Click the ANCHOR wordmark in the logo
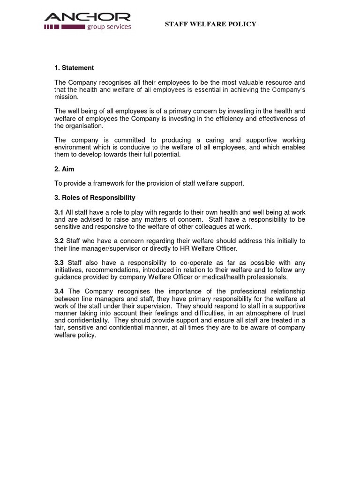click(87, 18)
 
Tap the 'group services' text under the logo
click(109, 27)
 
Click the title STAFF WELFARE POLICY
click(210, 24)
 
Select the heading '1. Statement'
click(74, 68)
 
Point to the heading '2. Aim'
click(64, 169)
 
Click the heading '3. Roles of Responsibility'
click(95, 197)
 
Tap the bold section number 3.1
click(59, 213)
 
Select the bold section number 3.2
click(59, 241)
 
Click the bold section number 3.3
click(59, 262)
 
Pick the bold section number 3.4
click(59, 292)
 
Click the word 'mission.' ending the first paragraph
click(67, 97)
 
